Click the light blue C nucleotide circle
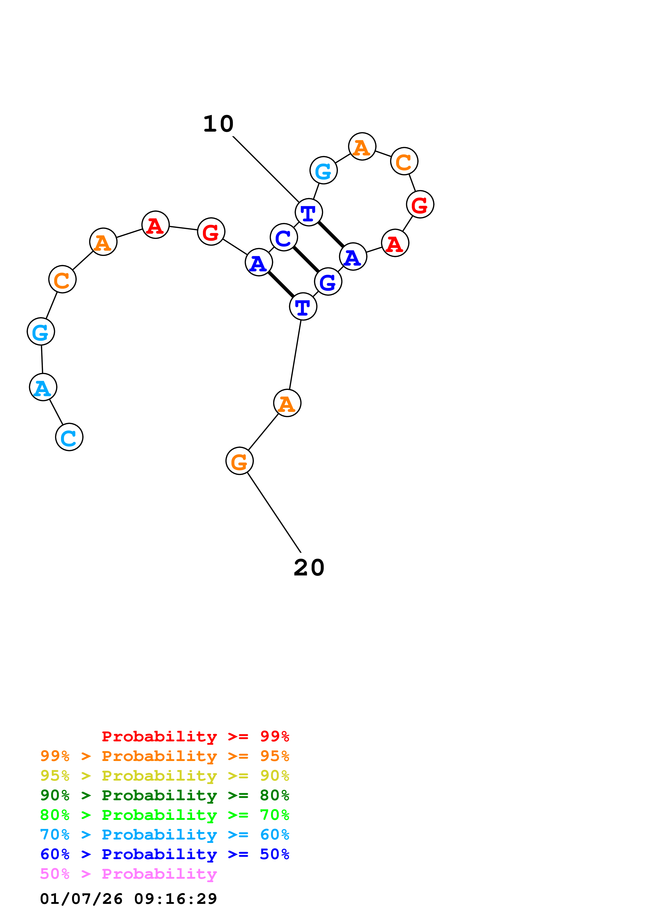click(69, 437)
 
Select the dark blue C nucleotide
click(284, 238)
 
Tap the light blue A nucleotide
click(43, 387)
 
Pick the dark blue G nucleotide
click(328, 282)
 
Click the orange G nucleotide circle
click(240, 461)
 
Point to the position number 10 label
click(218, 124)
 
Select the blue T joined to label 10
click(309, 212)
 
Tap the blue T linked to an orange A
click(303, 307)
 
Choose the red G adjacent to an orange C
click(420, 204)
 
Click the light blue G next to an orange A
click(324, 170)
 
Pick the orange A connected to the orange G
click(287, 403)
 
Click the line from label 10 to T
click(266, 170)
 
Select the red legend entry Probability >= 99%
click(195, 736)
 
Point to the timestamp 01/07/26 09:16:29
click(128, 899)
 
